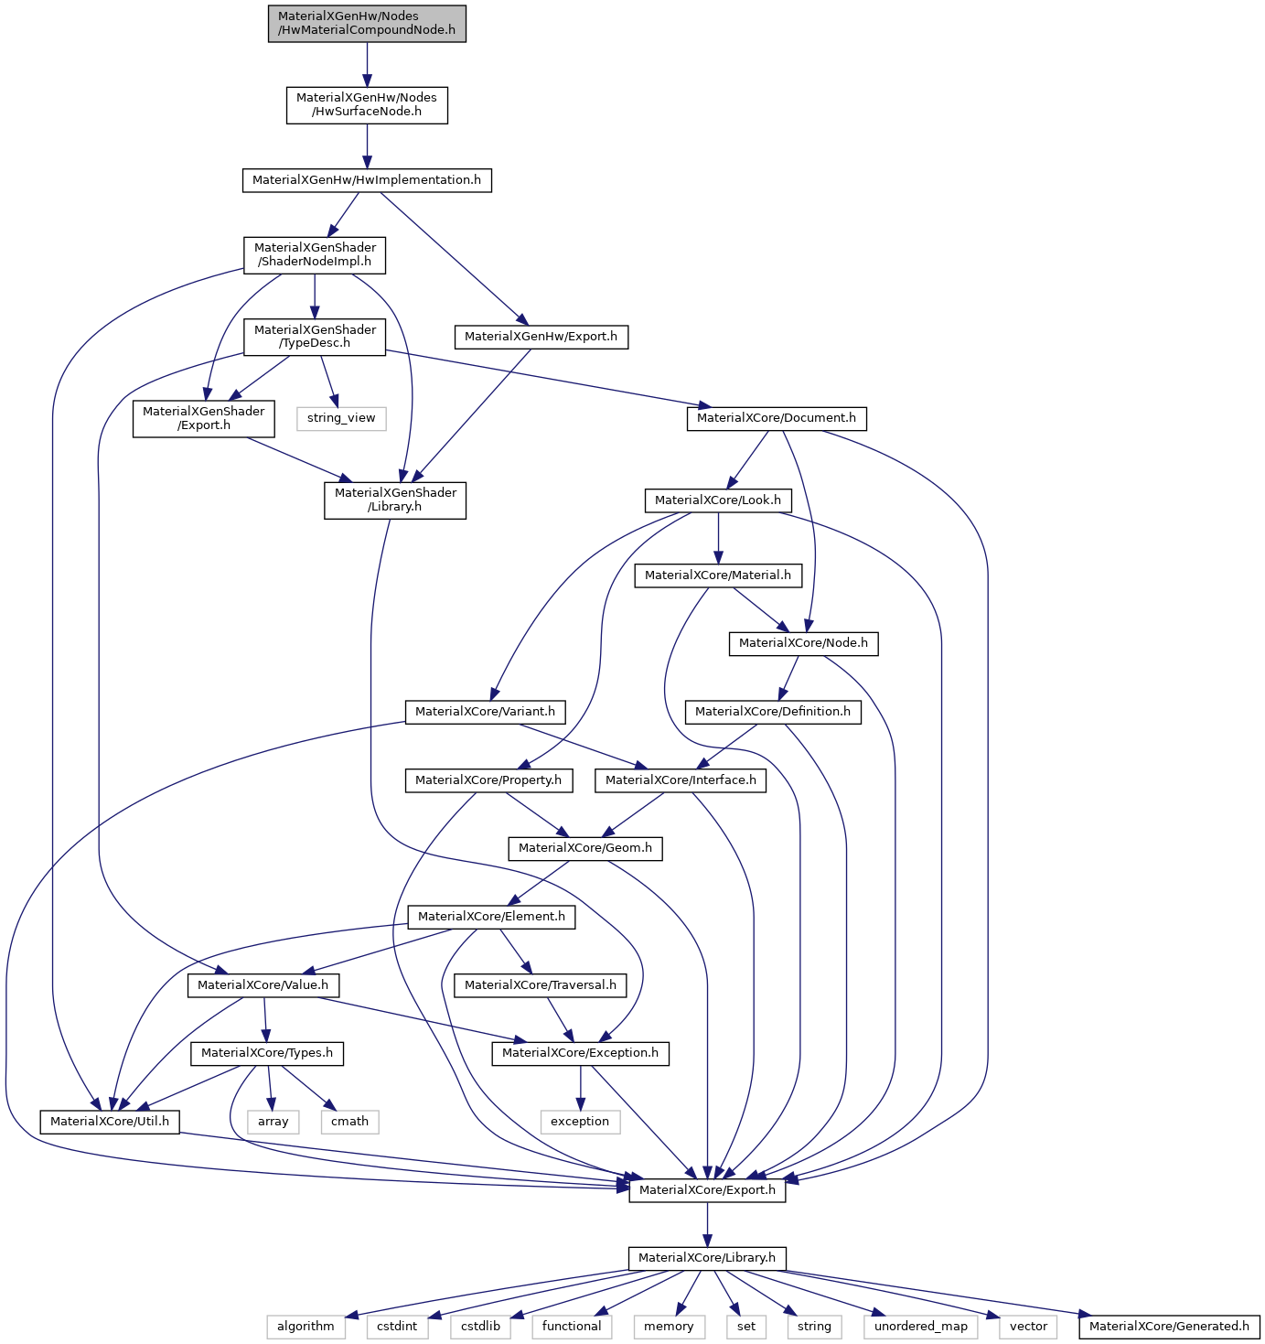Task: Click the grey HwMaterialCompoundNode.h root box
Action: click(x=367, y=24)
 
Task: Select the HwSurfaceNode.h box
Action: click(x=367, y=105)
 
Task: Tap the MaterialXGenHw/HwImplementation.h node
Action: click(x=367, y=180)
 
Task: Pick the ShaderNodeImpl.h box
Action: click(x=315, y=255)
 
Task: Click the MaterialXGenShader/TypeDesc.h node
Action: click(x=315, y=337)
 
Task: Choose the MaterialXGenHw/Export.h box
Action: click(x=541, y=337)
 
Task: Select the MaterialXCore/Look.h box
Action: click(x=718, y=500)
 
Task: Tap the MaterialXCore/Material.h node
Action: click(x=718, y=575)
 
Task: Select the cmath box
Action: click(x=350, y=1122)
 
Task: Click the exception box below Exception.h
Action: click(x=580, y=1122)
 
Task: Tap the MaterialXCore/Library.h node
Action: click(x=707, y=1258)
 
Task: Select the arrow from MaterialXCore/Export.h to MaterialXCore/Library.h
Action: click(x=707, y=1224)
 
